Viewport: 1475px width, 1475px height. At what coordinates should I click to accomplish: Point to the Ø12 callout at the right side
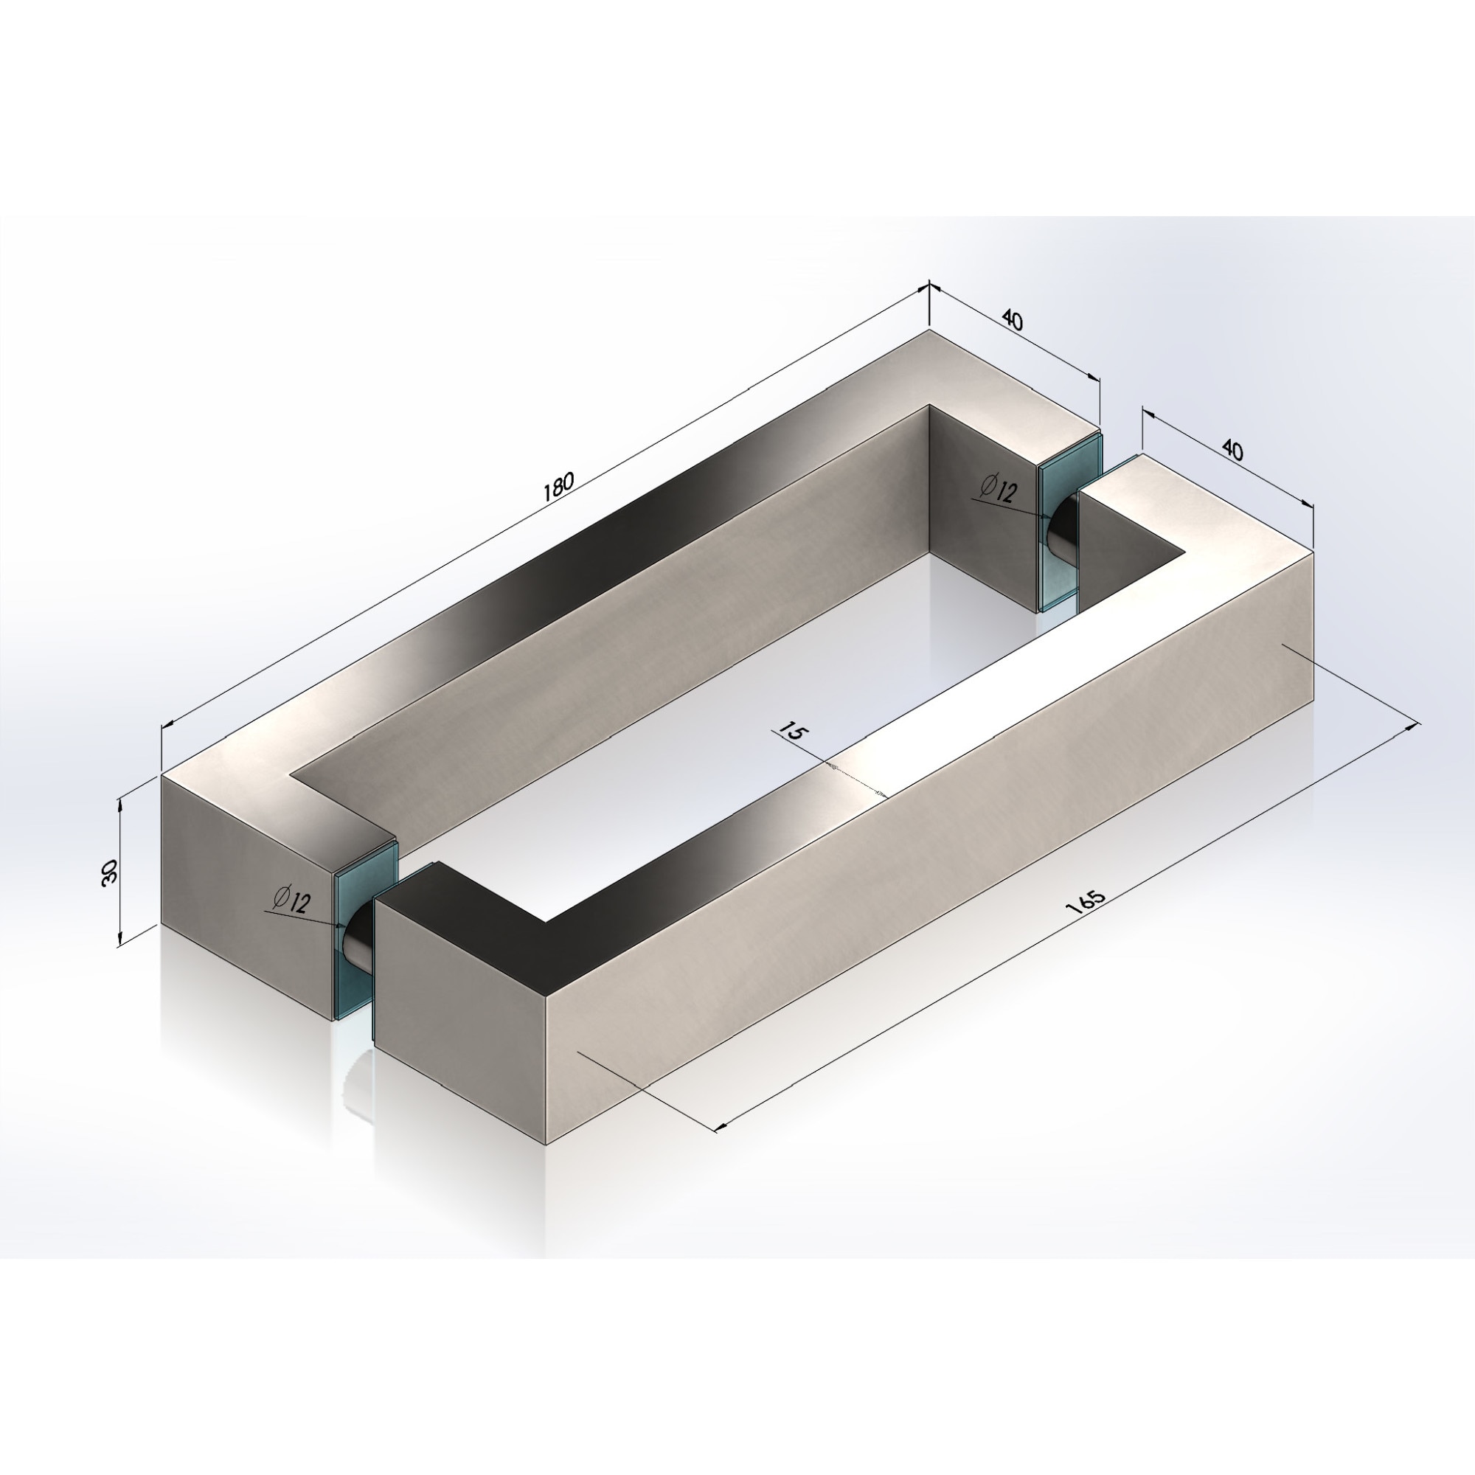click(999, 489)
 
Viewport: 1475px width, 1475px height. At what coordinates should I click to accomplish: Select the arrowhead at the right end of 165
click(1412, 726)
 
